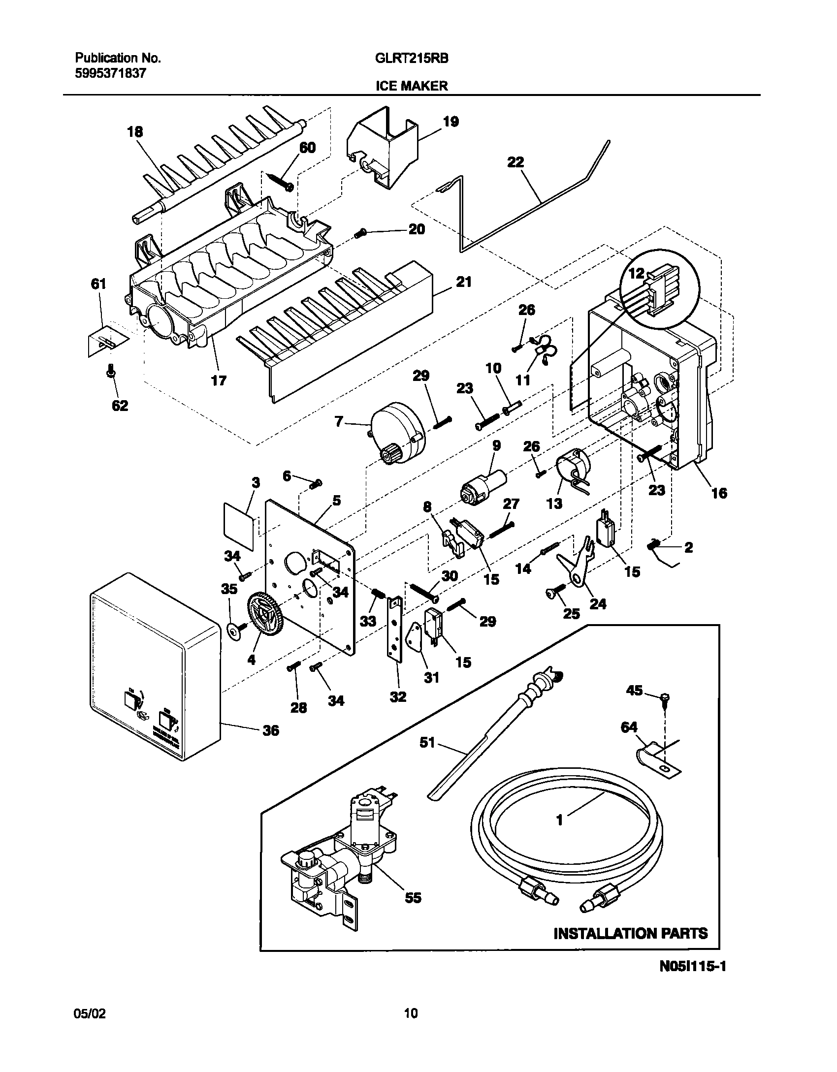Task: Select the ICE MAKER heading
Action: [x=412, y=86]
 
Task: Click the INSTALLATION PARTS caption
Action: [x=630, y=934]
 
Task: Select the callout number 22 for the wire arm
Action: [x=515, y=162]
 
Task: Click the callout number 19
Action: [x=451, y=121]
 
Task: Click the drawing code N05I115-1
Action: [x=693, y=980]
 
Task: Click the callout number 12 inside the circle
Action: [x=636, y=274]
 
